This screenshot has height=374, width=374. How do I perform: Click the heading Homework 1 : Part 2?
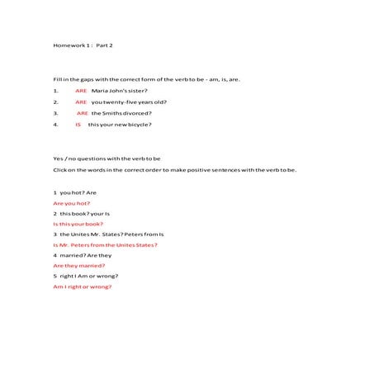tap(83, 44)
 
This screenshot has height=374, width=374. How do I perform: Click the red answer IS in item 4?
tap(78, 125)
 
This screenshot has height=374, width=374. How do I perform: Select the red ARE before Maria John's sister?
tap(81, 90)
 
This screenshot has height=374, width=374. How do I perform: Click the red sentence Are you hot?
tap(72, 202)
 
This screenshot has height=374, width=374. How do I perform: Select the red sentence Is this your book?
tap(78, 224)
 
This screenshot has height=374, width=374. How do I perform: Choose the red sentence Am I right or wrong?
tap(82, 286)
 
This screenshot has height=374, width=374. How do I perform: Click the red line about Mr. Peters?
tap(105, 244)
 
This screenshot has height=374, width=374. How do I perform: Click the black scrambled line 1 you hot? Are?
tap(74, 192)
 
